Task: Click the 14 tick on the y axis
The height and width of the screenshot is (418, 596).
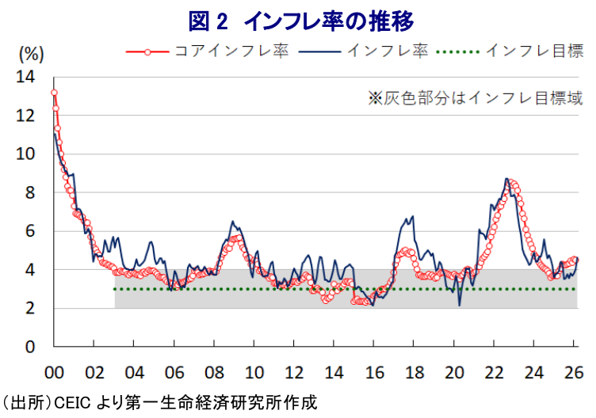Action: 27,78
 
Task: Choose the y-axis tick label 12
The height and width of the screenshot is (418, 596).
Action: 27,116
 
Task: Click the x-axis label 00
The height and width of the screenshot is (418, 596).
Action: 54,372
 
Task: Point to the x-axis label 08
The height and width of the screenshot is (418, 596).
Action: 214,372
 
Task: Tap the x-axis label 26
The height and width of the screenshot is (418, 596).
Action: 575,372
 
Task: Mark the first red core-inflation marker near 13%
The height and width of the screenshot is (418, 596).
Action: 54,93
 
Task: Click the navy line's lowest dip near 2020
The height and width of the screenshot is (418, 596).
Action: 460,305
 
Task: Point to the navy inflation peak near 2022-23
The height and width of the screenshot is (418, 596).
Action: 506,180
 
